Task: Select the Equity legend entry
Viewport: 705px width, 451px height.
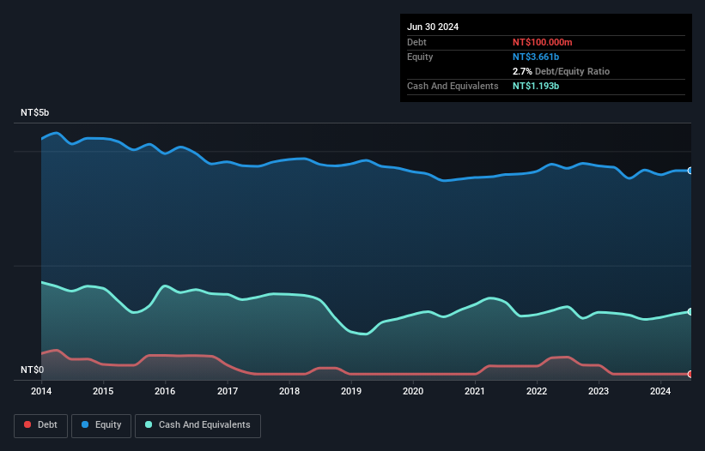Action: [100, 424]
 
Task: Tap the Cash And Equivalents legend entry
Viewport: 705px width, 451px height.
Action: [198, 424]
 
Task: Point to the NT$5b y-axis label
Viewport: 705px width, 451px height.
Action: [35, 113]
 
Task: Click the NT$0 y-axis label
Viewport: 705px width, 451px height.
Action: [33, 370]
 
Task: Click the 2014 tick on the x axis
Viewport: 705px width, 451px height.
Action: [41, 392]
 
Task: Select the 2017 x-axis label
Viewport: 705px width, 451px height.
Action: [228, 392]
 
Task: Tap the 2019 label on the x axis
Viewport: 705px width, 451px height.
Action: [351, 392]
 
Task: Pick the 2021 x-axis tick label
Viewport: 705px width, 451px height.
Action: [475, 392]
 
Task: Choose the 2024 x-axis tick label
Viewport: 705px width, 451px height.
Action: [660, 392]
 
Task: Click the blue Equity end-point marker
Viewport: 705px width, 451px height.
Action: [690, 171]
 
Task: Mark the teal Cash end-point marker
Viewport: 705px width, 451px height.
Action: [690, 311]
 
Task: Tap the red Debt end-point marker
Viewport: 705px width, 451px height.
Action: [690, 374]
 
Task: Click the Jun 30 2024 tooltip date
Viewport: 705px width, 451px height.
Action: [433, 27]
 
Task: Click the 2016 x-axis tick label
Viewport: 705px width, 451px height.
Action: [165, 392]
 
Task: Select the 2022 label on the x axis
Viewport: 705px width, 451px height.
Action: [537, 392]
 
